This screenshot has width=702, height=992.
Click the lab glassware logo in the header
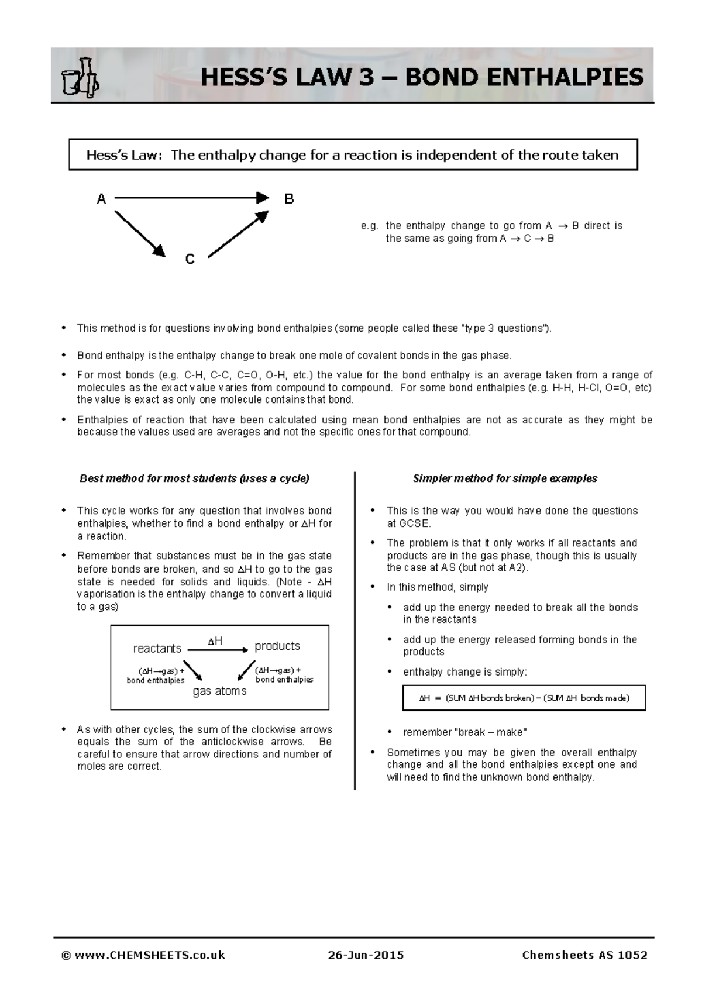[x=80, y=77]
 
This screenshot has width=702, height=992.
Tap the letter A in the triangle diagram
[x=101, y=199]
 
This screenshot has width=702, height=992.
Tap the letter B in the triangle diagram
[x=289, y=199]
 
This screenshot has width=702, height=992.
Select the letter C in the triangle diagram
[x=190, y=259]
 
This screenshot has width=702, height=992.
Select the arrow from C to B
[x=238, y=234]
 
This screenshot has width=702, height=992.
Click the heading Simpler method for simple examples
[x=505, y=478]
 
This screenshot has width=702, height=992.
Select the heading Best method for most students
[x=194, y=478]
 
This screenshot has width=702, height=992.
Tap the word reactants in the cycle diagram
[x=157, y=648]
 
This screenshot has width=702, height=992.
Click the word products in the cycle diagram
[x=277, y=646]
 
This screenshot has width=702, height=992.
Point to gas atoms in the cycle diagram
[x=219, y=691]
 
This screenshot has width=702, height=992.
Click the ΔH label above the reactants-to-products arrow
[x=215, y=641]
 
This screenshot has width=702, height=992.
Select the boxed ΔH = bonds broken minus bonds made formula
[x=524, y=698]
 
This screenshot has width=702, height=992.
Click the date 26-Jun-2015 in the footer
[x=366, y=955]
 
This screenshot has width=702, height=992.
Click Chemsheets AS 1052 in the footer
[x=584, y=955]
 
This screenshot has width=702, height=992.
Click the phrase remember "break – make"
[x=464, y=732]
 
